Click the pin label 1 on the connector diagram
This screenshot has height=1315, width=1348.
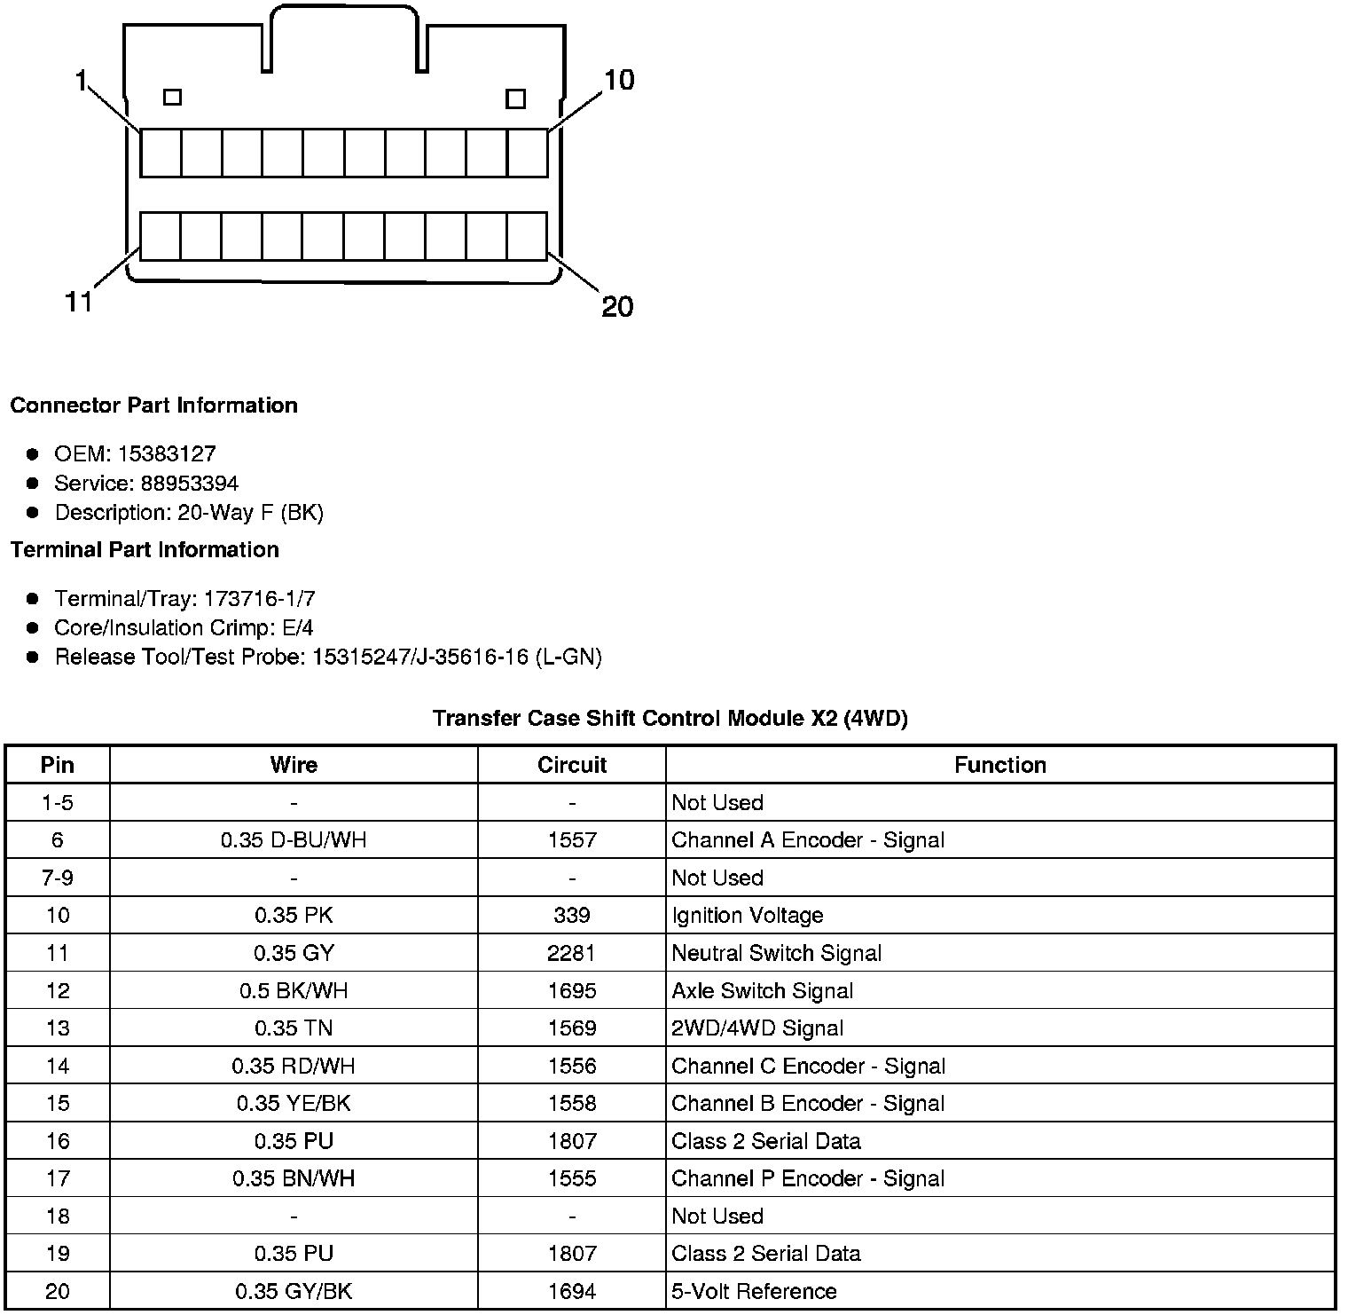tap(81, 82)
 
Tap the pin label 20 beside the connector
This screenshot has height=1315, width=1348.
tap(617, 307)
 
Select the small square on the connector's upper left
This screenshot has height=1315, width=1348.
tap(173, 97)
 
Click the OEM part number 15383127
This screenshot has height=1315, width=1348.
tap(167, 454)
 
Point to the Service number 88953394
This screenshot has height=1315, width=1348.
tap(190, 484)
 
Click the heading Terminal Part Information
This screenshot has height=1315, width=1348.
tap(145, 550)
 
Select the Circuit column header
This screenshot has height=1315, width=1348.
tap(572, 765)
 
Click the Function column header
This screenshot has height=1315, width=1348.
tap(999, 765)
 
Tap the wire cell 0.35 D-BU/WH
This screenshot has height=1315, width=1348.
tap(294, 840)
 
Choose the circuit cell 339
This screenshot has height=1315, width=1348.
tap(572, 916)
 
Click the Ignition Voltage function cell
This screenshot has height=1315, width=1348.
tap(747, 916)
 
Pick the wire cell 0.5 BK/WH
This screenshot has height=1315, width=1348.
tap(294, 991)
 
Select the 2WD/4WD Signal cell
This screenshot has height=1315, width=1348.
tap(757, 1028)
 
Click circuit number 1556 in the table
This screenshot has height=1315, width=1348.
tap(572, 1066)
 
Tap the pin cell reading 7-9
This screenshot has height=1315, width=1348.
tap(58, 878)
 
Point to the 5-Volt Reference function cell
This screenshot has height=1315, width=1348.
tap(754, 1291)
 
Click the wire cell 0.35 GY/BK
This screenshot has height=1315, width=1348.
tap(294, 1291)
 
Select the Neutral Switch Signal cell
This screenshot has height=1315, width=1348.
tap(776, 953)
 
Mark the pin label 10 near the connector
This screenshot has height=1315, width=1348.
tap(619, 81)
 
